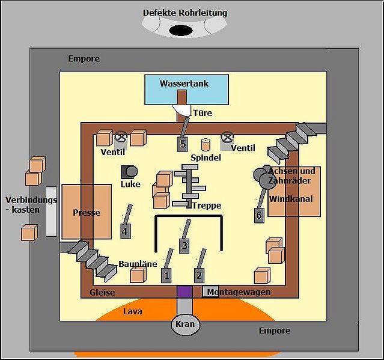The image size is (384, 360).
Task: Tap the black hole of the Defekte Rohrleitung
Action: tap(181, 30)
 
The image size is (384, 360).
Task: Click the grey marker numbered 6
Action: tap(259, 215)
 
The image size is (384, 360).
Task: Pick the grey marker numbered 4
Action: tap(125, 231)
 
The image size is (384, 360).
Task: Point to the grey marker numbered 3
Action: tap(184, 245)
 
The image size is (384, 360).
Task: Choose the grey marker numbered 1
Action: tap(166, 275)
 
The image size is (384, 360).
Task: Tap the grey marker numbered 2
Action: tap(199, 275)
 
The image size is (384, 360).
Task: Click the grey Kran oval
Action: tap(184, 325)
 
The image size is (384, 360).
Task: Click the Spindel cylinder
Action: tap(206, 144)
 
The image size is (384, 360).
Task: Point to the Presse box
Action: tap(86, 212)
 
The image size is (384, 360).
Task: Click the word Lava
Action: tap(132, 312)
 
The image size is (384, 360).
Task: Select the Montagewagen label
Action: tap(238, 292)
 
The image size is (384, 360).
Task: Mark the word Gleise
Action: tap(102, 292)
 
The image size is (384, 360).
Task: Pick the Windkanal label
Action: tap(291, 199)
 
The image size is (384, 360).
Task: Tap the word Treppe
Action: tap(207, 206)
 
